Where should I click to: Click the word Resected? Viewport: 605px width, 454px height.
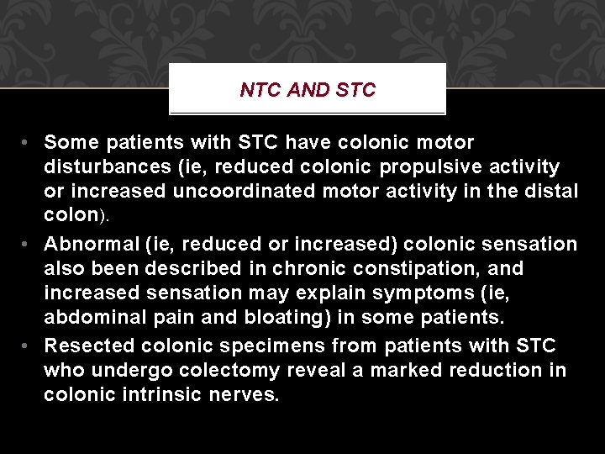coord(90,346)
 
